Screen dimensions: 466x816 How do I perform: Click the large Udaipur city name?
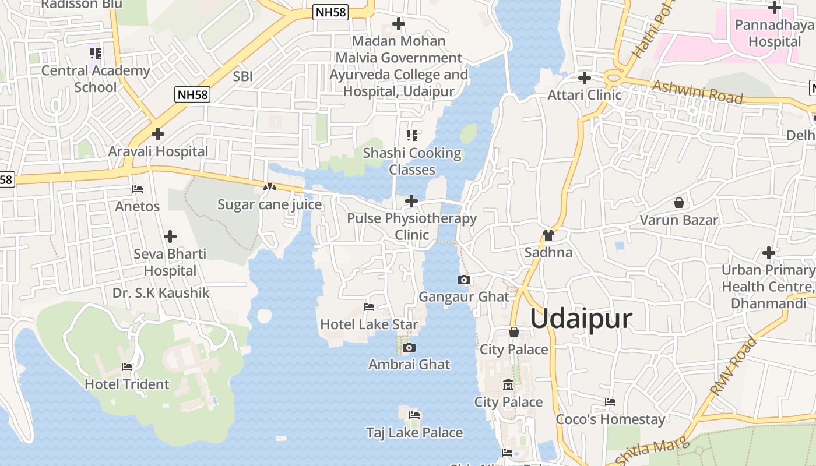[x=581, y=319]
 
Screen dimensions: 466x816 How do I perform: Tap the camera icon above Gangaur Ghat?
[x=464, y=280]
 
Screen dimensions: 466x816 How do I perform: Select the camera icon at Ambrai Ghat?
[x=410, y=348]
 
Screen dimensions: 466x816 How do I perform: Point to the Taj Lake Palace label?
[x=414, y=433]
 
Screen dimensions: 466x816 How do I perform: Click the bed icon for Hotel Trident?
[x=127, y=367]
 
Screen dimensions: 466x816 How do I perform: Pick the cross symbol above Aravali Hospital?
[x=157, y=134]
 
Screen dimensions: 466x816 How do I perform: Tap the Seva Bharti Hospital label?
[x=170, y=262]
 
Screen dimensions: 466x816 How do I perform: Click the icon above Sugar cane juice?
[x=269, y=188]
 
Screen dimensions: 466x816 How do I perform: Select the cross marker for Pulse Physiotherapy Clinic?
[x=411, y=202]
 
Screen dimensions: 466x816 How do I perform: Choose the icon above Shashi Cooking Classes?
[x=412, y=136]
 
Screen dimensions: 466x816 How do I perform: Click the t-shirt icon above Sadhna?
[x=548, y=235]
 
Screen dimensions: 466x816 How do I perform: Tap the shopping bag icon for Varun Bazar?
[x=679, y=203]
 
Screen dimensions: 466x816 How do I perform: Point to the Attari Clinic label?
[x=585, y=94]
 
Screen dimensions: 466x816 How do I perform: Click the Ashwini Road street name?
[x=698, y=92]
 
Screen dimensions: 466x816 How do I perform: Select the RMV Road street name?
[x=733, y=366]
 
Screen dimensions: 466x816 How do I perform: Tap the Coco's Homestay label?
[x=610, y=419]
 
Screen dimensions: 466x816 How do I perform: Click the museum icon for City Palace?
[x=508, y=385]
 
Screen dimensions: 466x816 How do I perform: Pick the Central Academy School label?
[x=96, y=79]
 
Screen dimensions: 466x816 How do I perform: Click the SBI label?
[x=242, y=76]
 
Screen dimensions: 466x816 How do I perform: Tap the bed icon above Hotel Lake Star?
[x=369, y=307]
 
